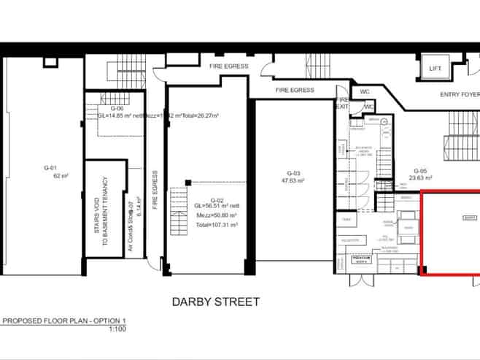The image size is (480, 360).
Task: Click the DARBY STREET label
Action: click(x=215, y=301)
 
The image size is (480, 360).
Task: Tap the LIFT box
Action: click(x=436, y=69)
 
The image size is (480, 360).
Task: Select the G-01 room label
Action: click(x=50, y=167)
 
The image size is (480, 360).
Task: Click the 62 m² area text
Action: click(x=50, y=175)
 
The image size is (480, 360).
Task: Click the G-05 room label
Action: click(x=419, y=169)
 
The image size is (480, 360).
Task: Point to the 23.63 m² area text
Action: click(x=419, y=176)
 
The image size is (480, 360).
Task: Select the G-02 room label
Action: click(x=216, y=200)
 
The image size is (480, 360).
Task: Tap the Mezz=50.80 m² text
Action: click(x=216, y=215)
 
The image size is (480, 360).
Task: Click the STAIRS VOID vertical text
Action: click(x=96, y=211)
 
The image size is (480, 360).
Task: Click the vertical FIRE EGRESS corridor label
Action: click(x=155, y=190)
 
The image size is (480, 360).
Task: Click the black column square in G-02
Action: click(x=187, y=182)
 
